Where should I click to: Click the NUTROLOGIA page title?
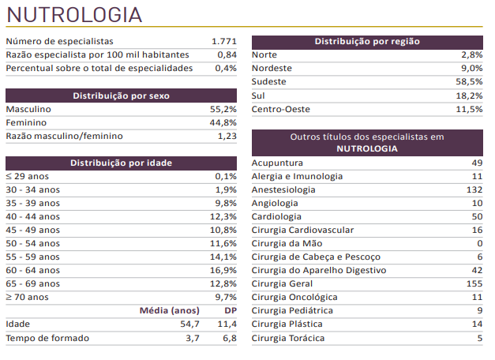tap(75, 14)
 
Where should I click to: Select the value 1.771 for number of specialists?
tap(224, 41)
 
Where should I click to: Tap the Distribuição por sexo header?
tap(122, 96)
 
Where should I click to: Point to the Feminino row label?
tap(26, 122)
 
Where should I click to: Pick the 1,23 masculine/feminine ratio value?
tap(227, 136)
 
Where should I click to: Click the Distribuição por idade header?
tap(122, 163)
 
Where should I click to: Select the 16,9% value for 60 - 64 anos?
tap(224, 270)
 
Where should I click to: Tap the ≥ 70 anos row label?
tap(27, 297)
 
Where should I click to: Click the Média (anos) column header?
tap(170, 310)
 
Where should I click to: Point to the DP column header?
tap(230, 310)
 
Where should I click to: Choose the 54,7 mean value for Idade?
tap(189, 324)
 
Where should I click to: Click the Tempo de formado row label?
tap(47, 338)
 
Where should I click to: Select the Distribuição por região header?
tap(367, 41)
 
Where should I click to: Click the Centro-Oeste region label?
tap(280, 109)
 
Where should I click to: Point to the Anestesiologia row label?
tap(283, 189)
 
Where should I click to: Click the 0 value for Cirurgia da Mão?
tap(479, 243)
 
